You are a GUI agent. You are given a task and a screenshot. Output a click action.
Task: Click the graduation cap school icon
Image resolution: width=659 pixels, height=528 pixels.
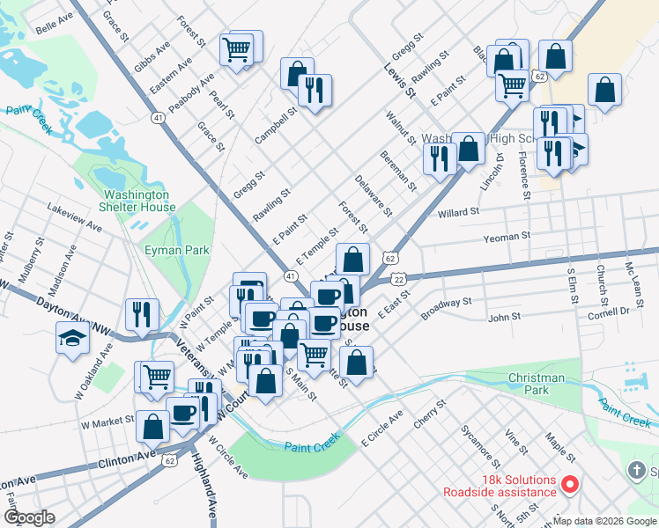tap(71, 337)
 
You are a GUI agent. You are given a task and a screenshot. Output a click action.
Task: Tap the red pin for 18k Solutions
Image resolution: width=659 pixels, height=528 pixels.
tap(569, 484)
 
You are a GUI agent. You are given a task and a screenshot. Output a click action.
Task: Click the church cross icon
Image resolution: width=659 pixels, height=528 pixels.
tap(637, 471)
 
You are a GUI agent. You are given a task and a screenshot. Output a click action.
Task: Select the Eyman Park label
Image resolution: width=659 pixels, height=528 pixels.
tap(177, 250)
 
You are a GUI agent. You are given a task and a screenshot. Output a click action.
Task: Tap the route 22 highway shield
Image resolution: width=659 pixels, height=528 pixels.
tap(399, 278)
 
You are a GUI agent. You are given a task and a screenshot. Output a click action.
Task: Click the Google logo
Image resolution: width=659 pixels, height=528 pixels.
tap(29, 517)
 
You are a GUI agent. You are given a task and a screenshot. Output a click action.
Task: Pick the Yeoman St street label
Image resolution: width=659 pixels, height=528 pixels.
tap(507, 236)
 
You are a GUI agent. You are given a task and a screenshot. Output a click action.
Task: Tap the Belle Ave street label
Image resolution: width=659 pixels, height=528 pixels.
tap(55, 24)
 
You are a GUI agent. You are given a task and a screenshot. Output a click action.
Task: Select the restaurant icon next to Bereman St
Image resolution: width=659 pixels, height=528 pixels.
tap(438, 158)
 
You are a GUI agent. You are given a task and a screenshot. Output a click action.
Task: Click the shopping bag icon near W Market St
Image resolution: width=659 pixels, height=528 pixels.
tap(153, 426)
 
